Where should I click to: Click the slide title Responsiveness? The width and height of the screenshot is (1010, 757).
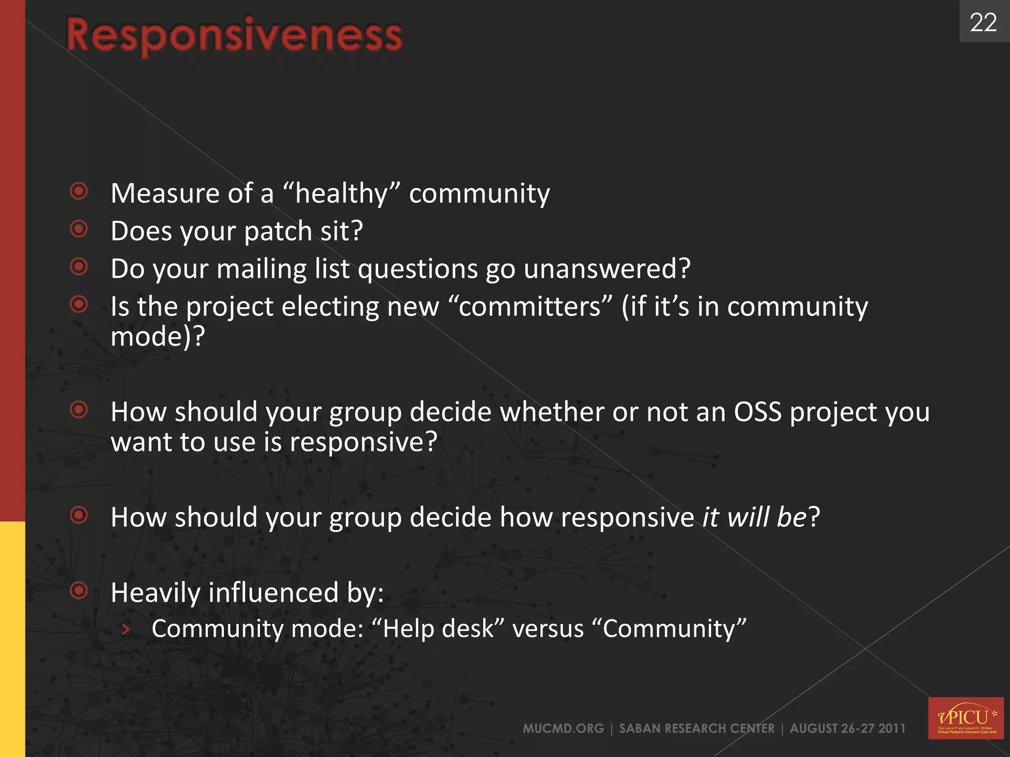(234, 35)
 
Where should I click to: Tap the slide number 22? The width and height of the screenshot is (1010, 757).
(983, 23)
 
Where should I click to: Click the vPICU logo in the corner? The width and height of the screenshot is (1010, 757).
(966, 718)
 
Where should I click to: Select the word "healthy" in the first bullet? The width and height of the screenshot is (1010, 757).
(342, 193)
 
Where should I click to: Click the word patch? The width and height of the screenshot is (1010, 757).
(278, 232)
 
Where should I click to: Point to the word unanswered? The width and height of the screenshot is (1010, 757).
(607, 269)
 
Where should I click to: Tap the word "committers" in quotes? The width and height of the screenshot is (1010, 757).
(531, 307)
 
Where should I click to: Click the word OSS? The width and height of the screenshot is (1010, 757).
(757, 412)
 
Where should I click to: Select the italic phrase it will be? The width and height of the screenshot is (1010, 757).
(755, 517)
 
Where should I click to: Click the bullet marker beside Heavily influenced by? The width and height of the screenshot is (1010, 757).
(79, 590)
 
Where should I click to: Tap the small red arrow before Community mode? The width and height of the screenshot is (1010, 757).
(126, 629)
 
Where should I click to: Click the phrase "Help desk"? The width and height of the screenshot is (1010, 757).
(438, 629)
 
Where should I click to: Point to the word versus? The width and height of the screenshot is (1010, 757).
(548, 629)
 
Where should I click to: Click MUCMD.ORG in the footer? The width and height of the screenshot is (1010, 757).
(563, 728)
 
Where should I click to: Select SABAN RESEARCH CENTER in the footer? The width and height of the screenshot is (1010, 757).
(697, 728)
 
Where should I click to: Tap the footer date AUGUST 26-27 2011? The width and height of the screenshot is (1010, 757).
(848, 728)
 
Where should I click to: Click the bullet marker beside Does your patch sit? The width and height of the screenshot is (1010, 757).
(79, 229)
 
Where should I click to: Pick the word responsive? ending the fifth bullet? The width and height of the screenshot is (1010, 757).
(363, 442)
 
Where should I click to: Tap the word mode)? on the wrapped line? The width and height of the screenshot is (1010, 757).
(157, 337)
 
